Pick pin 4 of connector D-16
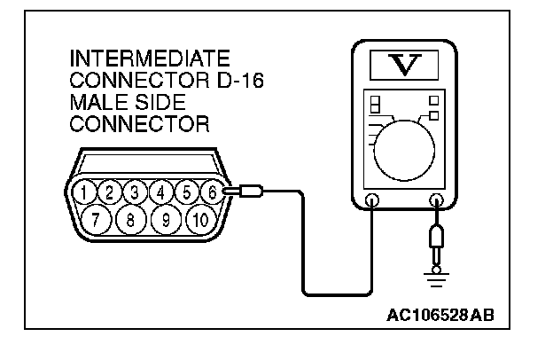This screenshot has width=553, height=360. (160, 191)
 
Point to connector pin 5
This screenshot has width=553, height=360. (187, 191)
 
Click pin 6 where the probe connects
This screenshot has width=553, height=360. (212, 191)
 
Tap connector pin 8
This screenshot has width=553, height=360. (130, 217)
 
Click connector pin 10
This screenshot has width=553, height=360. (199, 217)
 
